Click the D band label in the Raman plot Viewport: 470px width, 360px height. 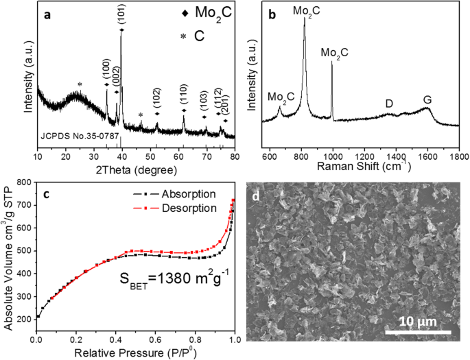(x=389, y=103)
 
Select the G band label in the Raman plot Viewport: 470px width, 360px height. (x=427, y=100)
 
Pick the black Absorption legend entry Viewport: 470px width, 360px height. (x=183, y=194)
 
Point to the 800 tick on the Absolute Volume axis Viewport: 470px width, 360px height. (x=23, y=182)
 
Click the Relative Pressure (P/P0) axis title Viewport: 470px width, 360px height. (x=134, y=353)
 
